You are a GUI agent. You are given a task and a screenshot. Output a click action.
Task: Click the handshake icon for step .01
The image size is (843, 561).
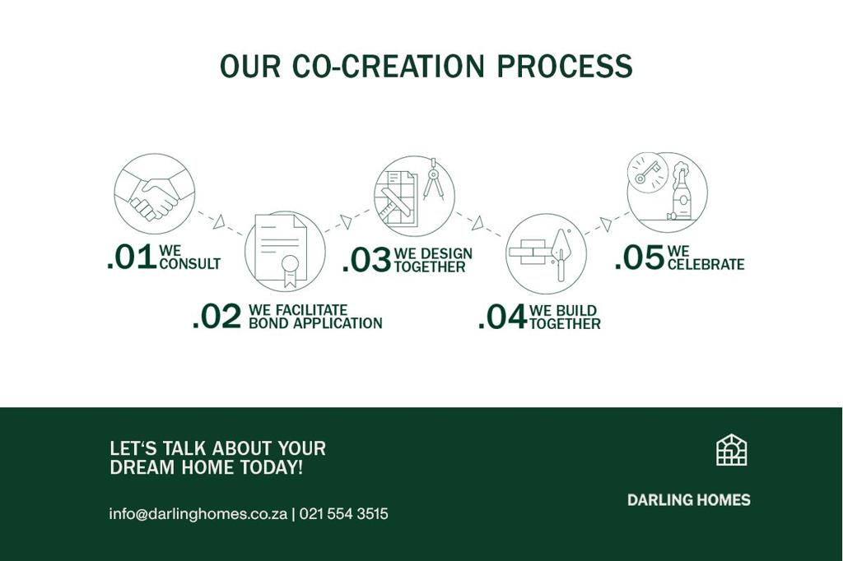click(154, 194)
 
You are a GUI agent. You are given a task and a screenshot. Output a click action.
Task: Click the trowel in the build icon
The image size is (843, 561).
click(561, 254)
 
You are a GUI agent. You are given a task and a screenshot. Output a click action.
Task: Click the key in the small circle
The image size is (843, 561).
click(647, 173)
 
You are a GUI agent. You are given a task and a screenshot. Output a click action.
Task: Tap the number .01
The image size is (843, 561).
click(132, 257)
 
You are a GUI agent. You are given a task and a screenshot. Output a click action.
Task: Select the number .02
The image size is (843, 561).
click(217, 316)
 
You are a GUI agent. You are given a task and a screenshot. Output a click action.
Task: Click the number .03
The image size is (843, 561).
click(366, 260)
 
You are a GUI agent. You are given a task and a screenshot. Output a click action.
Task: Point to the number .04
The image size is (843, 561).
click(502, 317)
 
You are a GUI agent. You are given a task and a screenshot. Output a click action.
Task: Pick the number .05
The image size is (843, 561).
click(639, 257)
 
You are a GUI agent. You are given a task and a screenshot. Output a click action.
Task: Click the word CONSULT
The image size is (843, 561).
click(190, 264)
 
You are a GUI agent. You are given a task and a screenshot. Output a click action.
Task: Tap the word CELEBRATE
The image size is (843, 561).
click(706, 264)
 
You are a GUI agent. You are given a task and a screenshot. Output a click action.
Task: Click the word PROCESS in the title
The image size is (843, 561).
click(565, 66)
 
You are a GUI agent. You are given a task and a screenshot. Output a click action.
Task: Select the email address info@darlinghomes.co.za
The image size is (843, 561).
click(198, 514)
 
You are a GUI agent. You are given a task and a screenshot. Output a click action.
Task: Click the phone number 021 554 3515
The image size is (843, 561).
click(343, 514)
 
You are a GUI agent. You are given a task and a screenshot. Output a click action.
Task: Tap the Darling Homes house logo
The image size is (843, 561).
click(732, 450)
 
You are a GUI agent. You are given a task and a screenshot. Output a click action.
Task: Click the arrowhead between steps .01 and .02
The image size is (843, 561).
click(219, 221)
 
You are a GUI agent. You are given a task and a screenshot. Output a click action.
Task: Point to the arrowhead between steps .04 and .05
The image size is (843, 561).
click(606, 224)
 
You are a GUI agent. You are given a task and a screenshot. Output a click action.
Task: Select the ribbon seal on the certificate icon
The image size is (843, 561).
click(290, 271)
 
